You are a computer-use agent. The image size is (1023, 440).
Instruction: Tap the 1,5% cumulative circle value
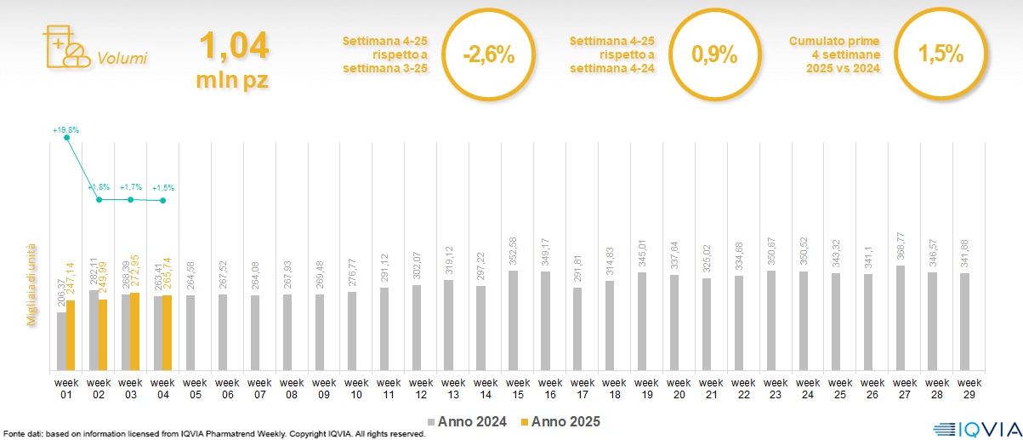point(941,55)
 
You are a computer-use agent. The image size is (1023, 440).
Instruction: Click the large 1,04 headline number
point(234,46)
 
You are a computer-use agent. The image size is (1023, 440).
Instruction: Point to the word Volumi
point(122,59)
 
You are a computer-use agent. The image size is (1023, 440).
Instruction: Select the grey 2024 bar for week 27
point(900,318)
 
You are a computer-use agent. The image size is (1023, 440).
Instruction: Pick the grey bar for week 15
point(514,321)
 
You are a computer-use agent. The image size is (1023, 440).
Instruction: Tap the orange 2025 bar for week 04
point(168,333)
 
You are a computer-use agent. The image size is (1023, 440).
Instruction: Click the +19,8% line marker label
point(65,130)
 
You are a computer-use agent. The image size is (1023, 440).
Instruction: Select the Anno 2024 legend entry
point(467,421)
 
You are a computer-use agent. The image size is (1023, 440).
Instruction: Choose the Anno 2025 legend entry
point(560,421)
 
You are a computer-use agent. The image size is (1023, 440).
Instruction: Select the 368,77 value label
point(900,248)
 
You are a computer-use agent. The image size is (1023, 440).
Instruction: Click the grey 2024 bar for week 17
point(577,329)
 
